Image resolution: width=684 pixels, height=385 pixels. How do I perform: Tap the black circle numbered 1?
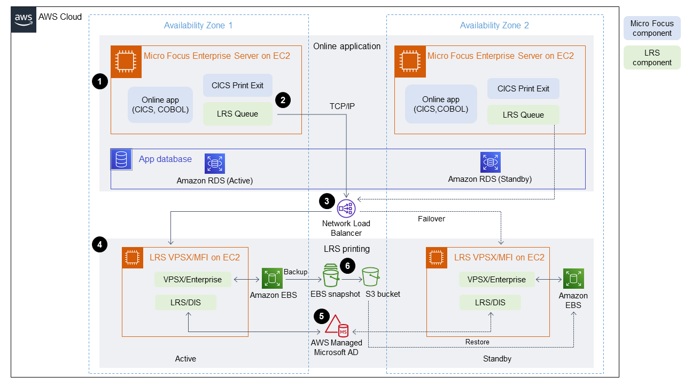[99, 81]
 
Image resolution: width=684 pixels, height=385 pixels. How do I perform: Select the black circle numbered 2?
[282, 99]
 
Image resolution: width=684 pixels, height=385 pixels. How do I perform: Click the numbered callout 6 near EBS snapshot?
[347, 266]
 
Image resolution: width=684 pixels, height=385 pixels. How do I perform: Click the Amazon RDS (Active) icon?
[215, 164]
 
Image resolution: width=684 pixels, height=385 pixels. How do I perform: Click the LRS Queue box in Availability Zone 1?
[237, 114]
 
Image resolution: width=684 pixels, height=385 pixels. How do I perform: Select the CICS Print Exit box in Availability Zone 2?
[523, 89]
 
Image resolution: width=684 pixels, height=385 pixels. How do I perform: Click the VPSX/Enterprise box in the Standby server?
[496, 279]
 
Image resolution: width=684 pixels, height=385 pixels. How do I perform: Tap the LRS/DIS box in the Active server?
[185, 303]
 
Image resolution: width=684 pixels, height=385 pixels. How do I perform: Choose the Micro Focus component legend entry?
[651, 28]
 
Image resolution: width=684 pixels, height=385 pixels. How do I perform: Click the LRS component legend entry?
[651, 58]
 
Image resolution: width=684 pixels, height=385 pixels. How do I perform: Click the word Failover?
[431, 219]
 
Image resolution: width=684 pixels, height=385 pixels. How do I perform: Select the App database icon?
[121, 160]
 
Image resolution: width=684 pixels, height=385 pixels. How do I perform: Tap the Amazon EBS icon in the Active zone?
[272, 279]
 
